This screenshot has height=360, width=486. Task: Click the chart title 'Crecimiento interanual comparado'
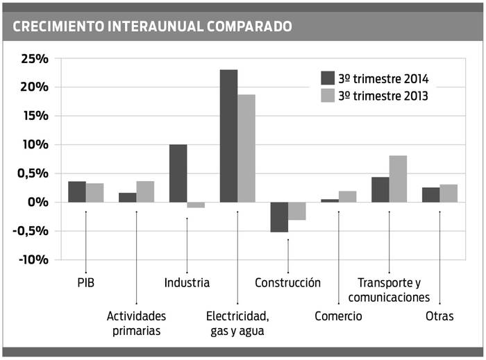click(152, 26)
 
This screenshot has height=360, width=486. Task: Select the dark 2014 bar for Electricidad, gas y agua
click(228, 135)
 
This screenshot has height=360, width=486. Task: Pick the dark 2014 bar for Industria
click(178, 173)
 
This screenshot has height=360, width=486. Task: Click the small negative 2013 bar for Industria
click(196, 205)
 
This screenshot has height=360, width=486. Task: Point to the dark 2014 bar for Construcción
click(279, 216)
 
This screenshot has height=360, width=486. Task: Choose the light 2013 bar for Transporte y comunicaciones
click(398, 178)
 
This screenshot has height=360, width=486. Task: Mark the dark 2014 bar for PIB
click(77, 191)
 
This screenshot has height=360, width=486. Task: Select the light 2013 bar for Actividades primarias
click(145, 191)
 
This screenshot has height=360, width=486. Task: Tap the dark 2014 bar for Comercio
click(330, 200)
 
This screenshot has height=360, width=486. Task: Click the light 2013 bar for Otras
click(449, 193)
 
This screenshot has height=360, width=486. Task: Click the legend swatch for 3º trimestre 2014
click(328, 78)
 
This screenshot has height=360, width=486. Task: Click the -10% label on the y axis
click(33, 259)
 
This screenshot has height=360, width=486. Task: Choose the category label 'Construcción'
click(287, 282)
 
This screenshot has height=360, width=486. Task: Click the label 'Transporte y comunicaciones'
click(389, 290)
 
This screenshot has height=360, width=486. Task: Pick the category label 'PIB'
click(86, 282)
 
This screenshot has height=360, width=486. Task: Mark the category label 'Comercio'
click(338, 316)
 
